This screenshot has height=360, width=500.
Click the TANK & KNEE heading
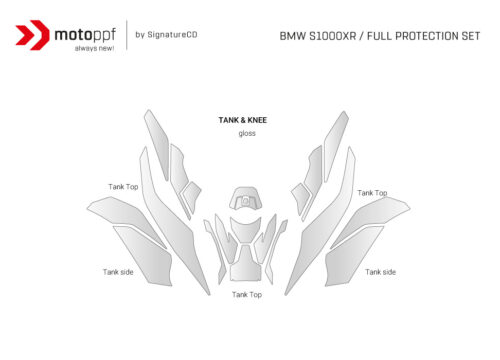click(242, 120)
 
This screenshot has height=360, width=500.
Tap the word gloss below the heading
click(247, 134)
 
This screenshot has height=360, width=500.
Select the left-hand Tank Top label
click(123, 186)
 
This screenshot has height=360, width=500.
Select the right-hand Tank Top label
click(372, 192)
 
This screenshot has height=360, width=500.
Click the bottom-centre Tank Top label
click(247, 294)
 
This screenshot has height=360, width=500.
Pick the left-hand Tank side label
click(118, 271)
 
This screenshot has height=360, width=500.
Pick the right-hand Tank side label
click(380, 271)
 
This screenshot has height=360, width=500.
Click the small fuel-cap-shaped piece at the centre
click(245, 198)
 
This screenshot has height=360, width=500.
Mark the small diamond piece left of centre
click(190, 197)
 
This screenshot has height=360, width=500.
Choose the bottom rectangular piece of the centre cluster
click(246, 270)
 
